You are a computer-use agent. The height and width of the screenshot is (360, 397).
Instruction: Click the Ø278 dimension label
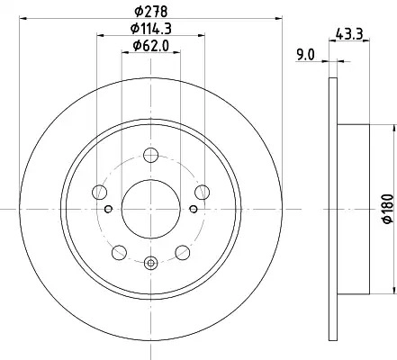pos(150,12)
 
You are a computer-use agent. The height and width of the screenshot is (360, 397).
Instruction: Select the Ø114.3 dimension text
pos(151,29)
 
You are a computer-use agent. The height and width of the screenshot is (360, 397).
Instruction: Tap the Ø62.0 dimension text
pos(151,46)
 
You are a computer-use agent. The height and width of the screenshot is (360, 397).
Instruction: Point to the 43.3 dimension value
pos(349,33)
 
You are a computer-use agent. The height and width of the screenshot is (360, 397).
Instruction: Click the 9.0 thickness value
pos(305,56)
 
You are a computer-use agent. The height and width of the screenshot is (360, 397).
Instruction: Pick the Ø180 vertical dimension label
pos(387,209)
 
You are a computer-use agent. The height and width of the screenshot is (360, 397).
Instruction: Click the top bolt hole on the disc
pos(150,155)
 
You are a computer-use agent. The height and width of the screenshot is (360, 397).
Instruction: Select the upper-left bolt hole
pos(100,192)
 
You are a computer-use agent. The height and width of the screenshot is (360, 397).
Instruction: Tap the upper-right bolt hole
pos(202,192)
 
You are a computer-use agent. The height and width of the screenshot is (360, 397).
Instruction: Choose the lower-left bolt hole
pos(119,252)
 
